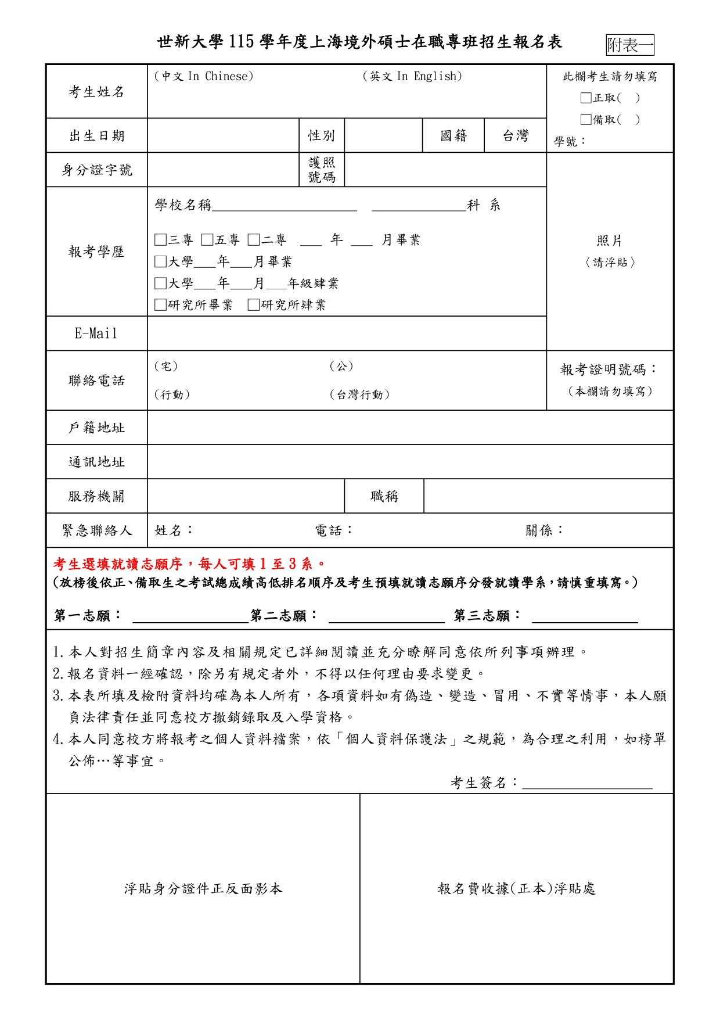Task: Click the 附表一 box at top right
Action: click(x=630, y=45)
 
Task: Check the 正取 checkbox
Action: click(x=586, y=98)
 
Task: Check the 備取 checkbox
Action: click(x=586, y=120)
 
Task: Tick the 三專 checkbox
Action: click(x=160, y=240)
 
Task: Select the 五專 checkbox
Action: click(x=207, y=240)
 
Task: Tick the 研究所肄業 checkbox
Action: click(x=253, y=305)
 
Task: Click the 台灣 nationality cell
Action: click(x=515, y=136)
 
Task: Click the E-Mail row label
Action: click(x=96, y=333)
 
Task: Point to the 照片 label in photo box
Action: click(x=609, y=241)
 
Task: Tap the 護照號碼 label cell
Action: click(x=322, y=170)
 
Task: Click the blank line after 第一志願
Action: click(x=190, y=617)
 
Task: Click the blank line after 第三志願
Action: click(x=585, y=617)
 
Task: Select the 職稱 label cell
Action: click(x=384, y=496)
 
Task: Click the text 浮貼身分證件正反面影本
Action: click(x=203, y=889)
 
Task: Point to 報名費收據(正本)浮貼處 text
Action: click(x=516, y=889)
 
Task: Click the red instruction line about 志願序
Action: click(x=190, y=564)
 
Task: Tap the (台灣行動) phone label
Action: click(x=359, y=395)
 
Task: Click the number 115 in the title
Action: click(x=242, y=42)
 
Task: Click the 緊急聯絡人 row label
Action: click(x=97, y=530)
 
